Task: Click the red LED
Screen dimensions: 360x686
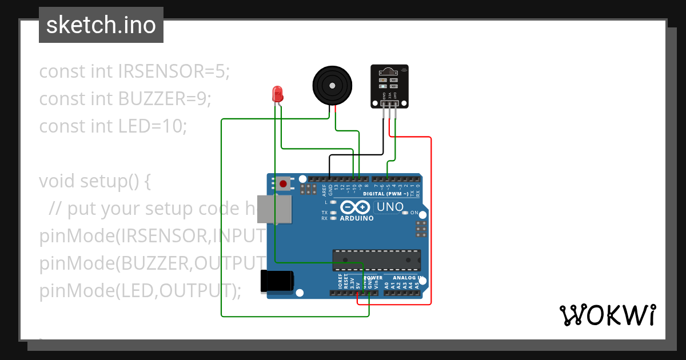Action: click(x=278, y=94)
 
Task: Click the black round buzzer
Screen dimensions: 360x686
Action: click(x=331, y=85)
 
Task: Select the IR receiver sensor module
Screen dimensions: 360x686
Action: click(x=389, y=86)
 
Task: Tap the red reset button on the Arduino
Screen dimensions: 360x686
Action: click(x=283, y=184)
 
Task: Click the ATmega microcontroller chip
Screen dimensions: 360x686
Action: click(x=377, y=259)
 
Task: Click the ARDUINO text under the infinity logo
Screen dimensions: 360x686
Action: click(x=356, y=218)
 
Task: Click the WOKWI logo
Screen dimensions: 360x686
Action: click(x=607, y=315)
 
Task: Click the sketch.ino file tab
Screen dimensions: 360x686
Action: click(x=101, y=25)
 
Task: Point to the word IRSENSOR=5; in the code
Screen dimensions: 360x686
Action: click(x=174, y=71)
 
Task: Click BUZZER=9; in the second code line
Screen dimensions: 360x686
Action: click(x=165, y=99)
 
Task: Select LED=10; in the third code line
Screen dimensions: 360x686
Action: click(x=153, y=126)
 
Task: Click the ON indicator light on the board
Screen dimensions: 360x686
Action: click(x=405, y=213)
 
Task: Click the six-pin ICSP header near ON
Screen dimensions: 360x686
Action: click(x=421, y=229)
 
